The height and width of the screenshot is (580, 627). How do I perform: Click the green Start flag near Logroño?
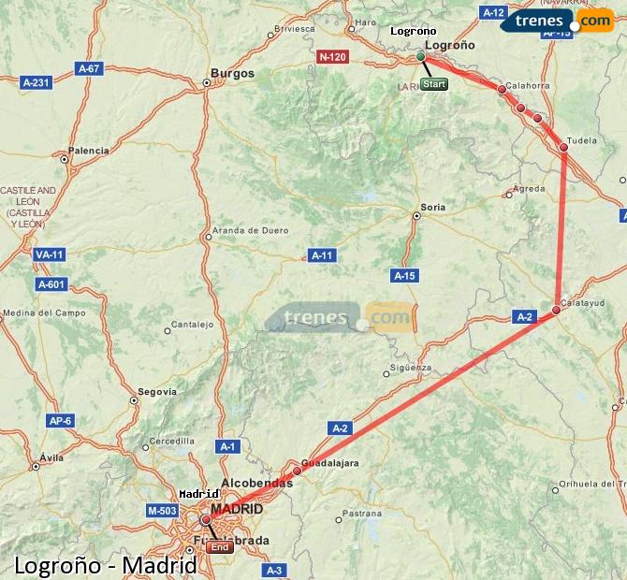pos(433,84)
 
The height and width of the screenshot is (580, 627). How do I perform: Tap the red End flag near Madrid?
pos(221,547)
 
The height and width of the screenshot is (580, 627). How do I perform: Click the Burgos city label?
pos(232,73)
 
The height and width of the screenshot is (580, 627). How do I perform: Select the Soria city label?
pos(433,207)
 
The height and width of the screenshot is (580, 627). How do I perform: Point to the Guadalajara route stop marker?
pos(297,471)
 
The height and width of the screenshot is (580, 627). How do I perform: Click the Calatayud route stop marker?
pos(556,310)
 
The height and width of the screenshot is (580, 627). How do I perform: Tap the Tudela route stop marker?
pos(563,147)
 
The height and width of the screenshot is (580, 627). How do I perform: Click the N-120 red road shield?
pos(332,56)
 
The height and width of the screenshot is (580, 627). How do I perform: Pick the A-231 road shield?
pos(36,82)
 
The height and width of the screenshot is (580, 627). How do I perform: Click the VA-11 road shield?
pos(48,254)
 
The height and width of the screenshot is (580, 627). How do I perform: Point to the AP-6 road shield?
pos(60,421)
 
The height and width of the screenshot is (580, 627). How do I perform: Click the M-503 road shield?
pos(163,510)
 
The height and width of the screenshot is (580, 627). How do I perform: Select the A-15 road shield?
pos(404,275)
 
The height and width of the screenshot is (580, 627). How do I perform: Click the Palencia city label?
pos(89,150)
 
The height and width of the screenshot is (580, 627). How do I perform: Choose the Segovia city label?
pos(156,391)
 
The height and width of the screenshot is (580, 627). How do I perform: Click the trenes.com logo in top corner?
pos(557,21)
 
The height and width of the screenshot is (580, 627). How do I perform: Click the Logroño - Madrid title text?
pos(106,566)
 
